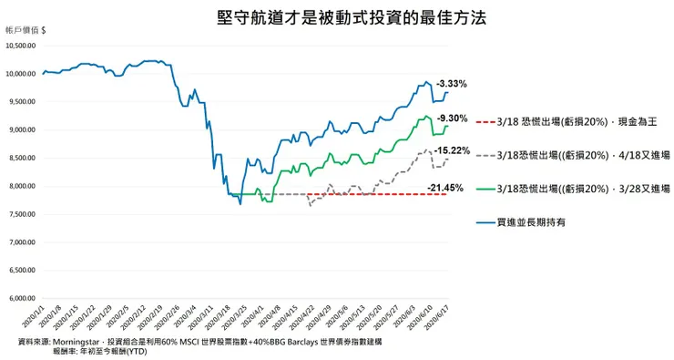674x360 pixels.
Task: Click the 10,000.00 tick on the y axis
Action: click(19, 74)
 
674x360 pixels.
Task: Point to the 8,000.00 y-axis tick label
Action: click(21, 186)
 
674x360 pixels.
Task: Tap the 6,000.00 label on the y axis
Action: click(21, 298)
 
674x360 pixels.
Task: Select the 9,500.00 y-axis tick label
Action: click(21, 102)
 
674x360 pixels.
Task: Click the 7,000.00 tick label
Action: click(21, 242)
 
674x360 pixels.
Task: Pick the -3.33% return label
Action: click(452, 84)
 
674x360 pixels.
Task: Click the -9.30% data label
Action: click(453, 118)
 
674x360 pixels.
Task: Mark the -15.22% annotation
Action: click(453, 150)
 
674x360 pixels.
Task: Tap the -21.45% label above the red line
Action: click(445, 188)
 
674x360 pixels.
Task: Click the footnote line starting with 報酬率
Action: click(101, 350)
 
